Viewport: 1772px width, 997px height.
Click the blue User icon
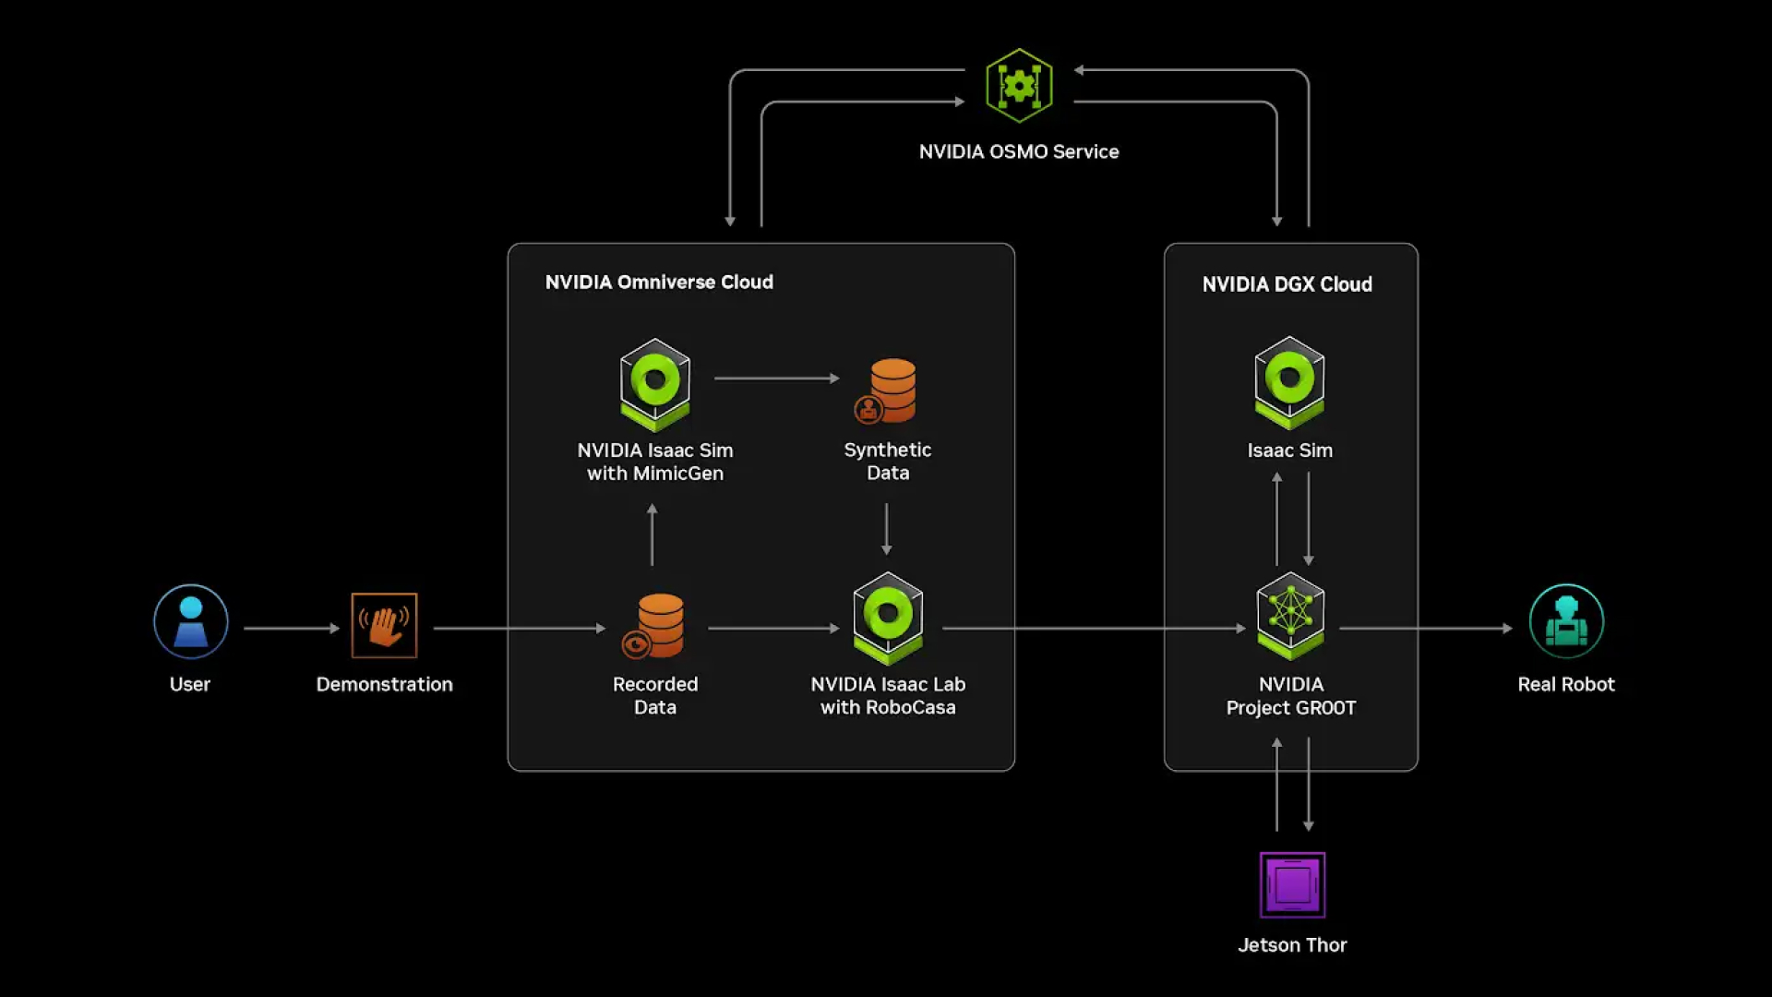[x=191, y=621]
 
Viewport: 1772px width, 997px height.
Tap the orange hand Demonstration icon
[x=384, y=625]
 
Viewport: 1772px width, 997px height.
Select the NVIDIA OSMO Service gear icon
[x=1019, y=86]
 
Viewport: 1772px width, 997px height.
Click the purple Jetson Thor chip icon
[x=1292, y=884]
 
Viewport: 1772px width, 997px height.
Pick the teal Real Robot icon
[x=1566, y=621]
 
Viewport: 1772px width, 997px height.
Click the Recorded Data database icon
[x=656, y=625]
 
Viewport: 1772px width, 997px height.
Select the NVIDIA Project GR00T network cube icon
[x=1290, y=616]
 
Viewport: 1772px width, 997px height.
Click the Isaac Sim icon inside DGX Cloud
[x=1289, y=382]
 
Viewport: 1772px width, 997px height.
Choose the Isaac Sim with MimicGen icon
[x=655, y=384]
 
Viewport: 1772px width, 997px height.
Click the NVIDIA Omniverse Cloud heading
[x=659, y=282]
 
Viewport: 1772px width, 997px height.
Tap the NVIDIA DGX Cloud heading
[x=1287, y=284]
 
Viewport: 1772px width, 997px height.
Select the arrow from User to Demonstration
[x=292, y=628]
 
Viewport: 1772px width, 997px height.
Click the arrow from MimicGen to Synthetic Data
[x=776, y=378]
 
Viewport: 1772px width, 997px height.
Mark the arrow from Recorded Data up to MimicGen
[x=653, y=535]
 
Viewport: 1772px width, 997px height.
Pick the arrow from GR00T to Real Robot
[x=1425, y=628]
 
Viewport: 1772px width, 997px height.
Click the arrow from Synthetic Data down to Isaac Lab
[x=886, y=529]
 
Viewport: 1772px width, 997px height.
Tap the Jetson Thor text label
[x=1292, y=945]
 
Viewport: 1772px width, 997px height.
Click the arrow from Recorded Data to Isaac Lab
[x=773, y=628]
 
